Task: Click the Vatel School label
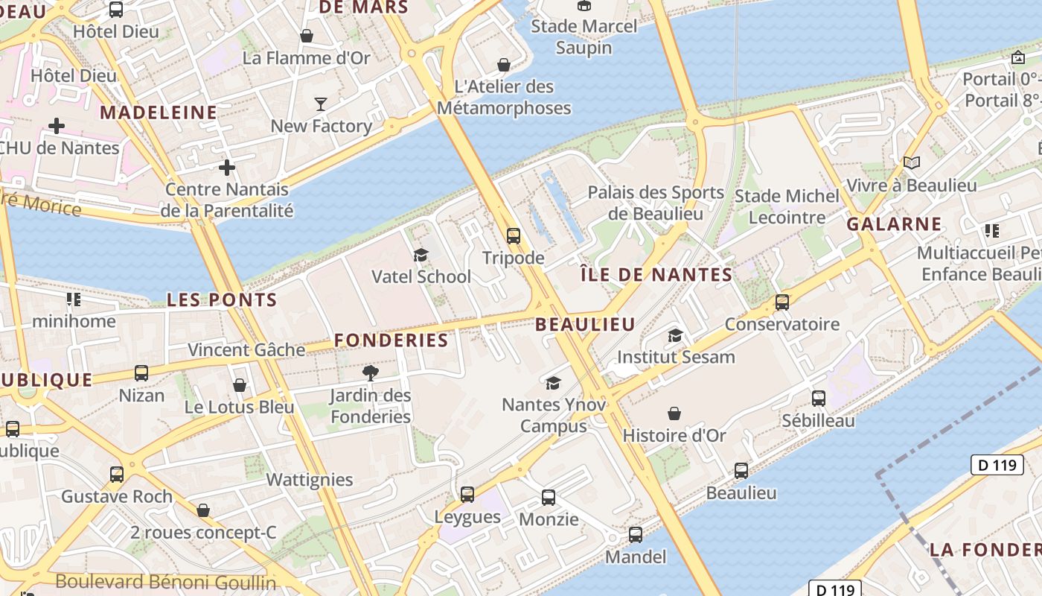pyautogui.click(x=421, y=277)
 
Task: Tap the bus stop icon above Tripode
pyautogui.click(x=514, y=236)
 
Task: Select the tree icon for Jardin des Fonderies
pyautogui.click(x=371, y=372)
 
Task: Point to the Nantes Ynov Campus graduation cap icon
pyautogui.click(x=553, y=383)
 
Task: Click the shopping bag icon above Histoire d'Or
pyautogui.click(x=674, y=413)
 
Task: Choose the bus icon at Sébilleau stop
pyautogui.click(x=819, y=399)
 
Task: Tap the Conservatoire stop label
pyautogui.click(x=782, y=324)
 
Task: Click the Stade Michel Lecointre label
pyautogui.click(x=787, y=207)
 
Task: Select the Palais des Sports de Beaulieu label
pyautogui.click(x=656, y=203)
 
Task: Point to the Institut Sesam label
pyautogui.click(x=676, y=357)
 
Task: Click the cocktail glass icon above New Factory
pyautogui.click(x=321, y=104)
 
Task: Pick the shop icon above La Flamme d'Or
pyautogui.click(x=306, y=36)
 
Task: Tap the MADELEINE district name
pyautogui.click(x=159, y=112)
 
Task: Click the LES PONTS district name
pyautogui.click(x=222, y=300)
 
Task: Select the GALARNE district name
pyautogui.click(x=895, y=224)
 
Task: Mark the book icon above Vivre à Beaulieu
pyautogui.click(x=912, y=162)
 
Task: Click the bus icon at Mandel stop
pyautogui.click(x=636, y=534)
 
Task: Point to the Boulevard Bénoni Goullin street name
pyautogui.click(x=166, y=582)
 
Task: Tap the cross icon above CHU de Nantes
pyautogui.click(x=57, y=126)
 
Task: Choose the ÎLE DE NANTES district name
pyautogui.click(x=656, y=275)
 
